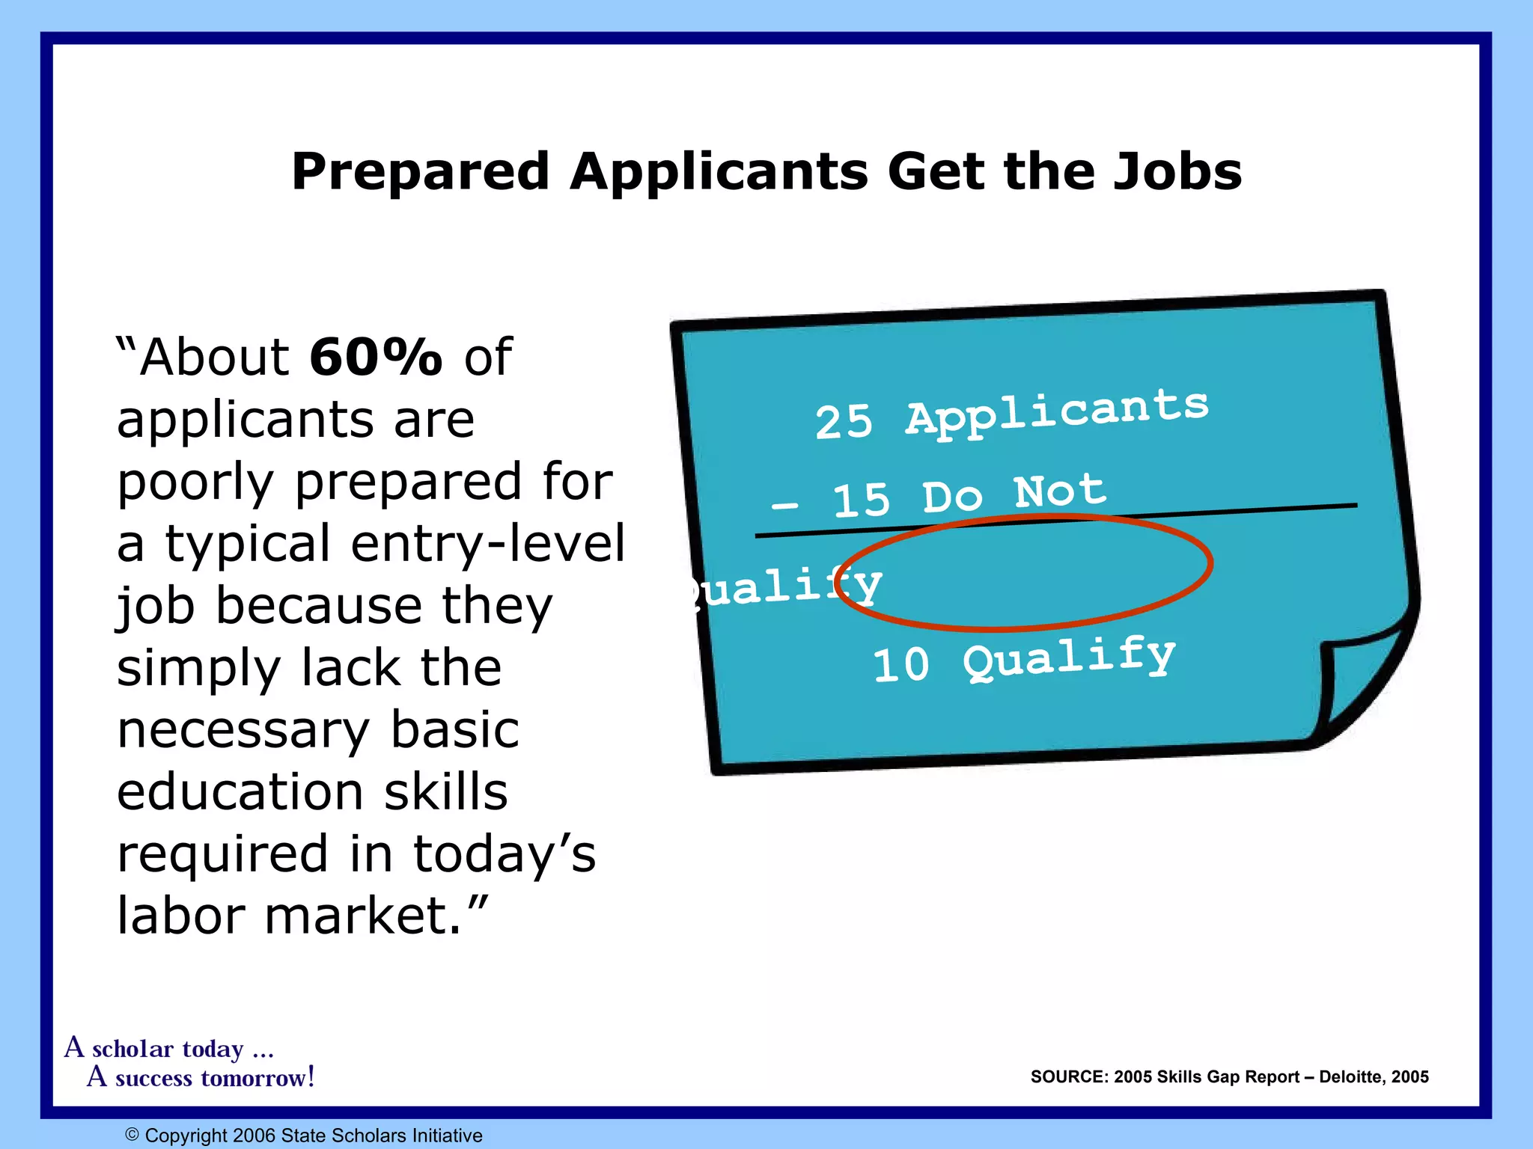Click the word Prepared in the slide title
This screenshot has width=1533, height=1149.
tap(420, 173)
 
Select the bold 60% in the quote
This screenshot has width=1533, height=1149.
tap(376, 357)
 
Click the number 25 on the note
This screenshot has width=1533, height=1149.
tap(844, 422)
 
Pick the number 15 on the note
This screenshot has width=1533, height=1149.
tap(862, 500)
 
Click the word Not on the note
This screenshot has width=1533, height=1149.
tap(1060, 491)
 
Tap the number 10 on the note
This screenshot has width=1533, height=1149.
tap(901, 664)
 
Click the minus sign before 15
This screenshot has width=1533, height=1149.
tap(784, 506)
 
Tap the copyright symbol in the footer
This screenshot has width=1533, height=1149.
tap(132, 1135)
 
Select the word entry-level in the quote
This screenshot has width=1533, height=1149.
tap(487, 544)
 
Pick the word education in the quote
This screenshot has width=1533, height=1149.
tap(240, 792)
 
